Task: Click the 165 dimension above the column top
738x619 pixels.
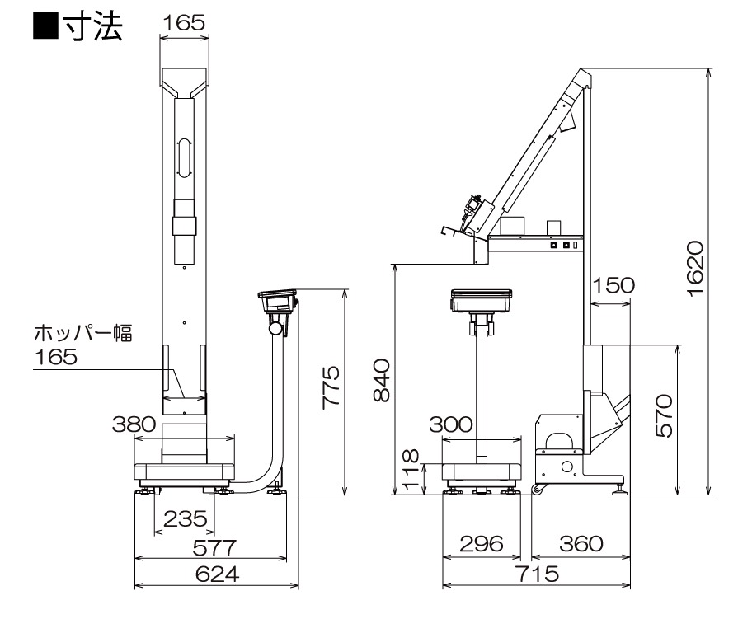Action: (183, 23)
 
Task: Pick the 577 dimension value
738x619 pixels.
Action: (213, 547)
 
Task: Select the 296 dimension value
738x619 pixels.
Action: (482, 545)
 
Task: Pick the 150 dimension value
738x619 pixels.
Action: (613, 285)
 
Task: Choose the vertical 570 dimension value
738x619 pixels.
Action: (665, 418)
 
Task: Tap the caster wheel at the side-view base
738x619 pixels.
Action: (538, 492)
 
